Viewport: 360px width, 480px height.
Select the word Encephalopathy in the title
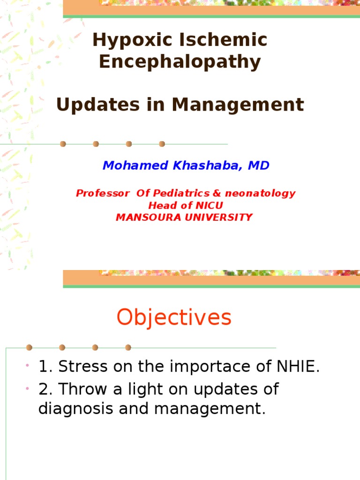[180, 62]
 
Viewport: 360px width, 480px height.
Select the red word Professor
[103, 193]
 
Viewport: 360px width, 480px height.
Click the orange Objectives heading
[174, 317]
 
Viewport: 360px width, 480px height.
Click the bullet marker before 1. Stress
[29, 365]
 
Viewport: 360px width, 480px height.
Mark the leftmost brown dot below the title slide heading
[63, 144]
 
